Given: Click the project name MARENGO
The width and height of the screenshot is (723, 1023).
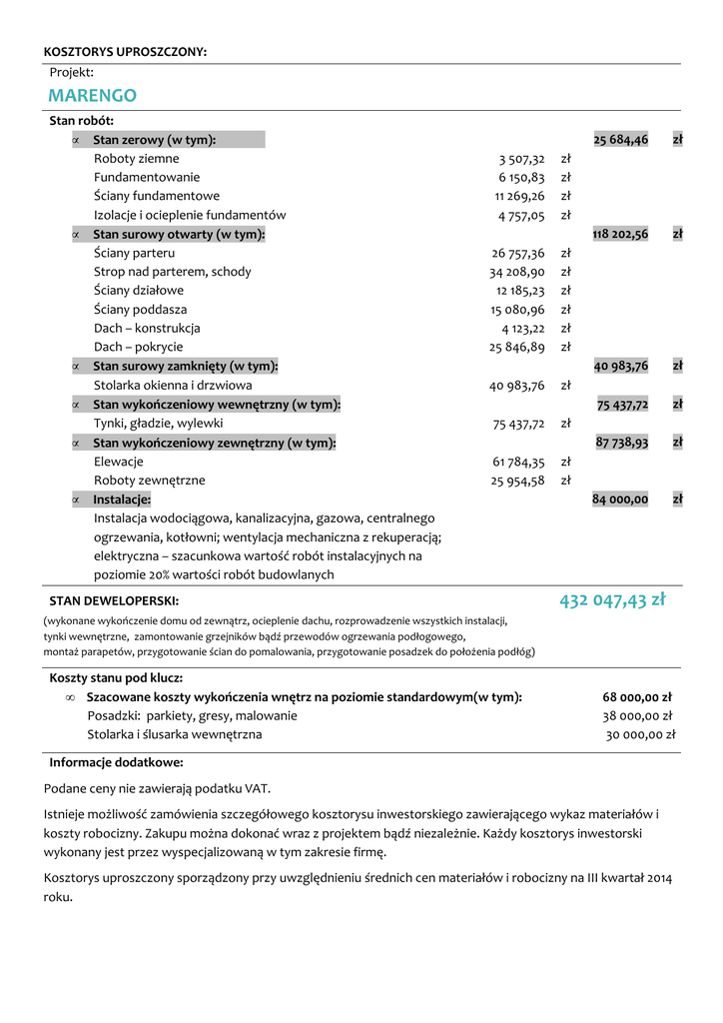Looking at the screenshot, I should point(92,96).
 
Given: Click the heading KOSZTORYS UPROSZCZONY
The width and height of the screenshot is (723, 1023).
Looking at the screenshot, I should point(126,52).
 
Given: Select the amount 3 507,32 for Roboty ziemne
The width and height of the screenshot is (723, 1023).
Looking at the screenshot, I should point(522,159).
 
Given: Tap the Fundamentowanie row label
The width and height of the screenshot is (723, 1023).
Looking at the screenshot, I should point(145,177).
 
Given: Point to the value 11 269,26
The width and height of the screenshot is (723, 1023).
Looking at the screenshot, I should point(520,196).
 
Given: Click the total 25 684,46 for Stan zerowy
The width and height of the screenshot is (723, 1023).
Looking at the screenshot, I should point(620,140).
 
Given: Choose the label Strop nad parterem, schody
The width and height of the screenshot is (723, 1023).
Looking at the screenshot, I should point(173,272).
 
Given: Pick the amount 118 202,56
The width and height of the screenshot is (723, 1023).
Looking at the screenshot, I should point(620,234).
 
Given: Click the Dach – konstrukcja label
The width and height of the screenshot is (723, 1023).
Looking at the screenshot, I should point(147,328).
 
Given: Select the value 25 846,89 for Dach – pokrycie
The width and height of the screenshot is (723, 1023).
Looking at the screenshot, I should point(517,347).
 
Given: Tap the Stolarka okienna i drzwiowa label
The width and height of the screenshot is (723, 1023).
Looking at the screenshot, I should point(173,385).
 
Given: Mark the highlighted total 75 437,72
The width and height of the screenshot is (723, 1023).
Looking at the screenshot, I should point(622,405).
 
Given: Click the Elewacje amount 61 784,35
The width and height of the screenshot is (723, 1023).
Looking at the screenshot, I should point(518,462).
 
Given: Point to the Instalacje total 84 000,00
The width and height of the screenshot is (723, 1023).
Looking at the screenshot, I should point(620,499).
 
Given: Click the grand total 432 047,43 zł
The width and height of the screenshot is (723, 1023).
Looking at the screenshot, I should point(612,600).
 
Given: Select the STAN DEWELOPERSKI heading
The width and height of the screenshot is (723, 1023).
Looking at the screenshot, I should point(115,601).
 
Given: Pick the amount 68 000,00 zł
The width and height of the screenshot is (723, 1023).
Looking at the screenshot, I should point(637,697).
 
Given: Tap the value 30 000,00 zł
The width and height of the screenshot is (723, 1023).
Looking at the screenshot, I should point(640,735).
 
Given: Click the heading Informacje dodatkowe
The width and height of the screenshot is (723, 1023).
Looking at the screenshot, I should point(123,762).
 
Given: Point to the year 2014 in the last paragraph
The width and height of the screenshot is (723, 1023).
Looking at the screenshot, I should point(658,878).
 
